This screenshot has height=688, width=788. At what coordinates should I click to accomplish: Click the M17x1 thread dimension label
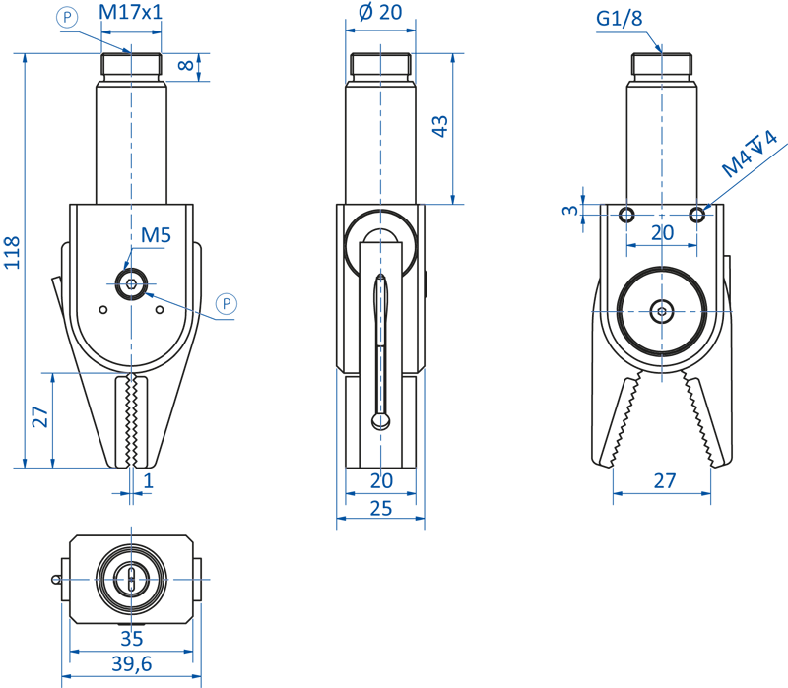coord(131,12)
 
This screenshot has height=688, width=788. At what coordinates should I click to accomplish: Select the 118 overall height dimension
coord(12,252)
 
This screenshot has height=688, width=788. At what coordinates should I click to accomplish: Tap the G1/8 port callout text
coord(620,18)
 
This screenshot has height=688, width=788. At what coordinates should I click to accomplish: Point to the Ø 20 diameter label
coord(380,12)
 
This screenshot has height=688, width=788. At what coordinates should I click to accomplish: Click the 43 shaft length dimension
coord(439,126)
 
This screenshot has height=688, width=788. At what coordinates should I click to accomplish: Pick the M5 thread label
coord(156,235)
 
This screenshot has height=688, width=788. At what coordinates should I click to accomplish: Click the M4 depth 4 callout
coord(750,154)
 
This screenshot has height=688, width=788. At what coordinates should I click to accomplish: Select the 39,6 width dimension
coord(132,664)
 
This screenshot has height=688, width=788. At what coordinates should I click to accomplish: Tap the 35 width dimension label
coord(132,638)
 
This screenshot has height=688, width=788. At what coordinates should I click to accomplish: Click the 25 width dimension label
coord(380,509)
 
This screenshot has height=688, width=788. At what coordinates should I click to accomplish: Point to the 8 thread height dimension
coord(186,65)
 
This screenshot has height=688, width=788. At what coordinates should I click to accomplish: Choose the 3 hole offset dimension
coord(570,209)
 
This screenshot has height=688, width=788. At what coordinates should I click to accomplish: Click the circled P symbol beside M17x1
coord(67,18)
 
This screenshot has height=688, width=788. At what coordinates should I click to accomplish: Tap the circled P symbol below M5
coord(227,304)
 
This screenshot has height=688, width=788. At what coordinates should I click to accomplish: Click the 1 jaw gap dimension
coord(148,481)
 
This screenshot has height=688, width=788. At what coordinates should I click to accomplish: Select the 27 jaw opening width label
coord(664,481)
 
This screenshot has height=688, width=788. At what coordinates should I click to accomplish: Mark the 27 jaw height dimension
coord(40,416)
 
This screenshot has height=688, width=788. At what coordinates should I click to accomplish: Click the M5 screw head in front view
coord(131,284)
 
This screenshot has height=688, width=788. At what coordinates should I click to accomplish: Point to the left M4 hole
coord(626,216)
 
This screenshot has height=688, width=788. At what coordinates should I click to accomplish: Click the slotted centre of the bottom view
coord(131,580)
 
